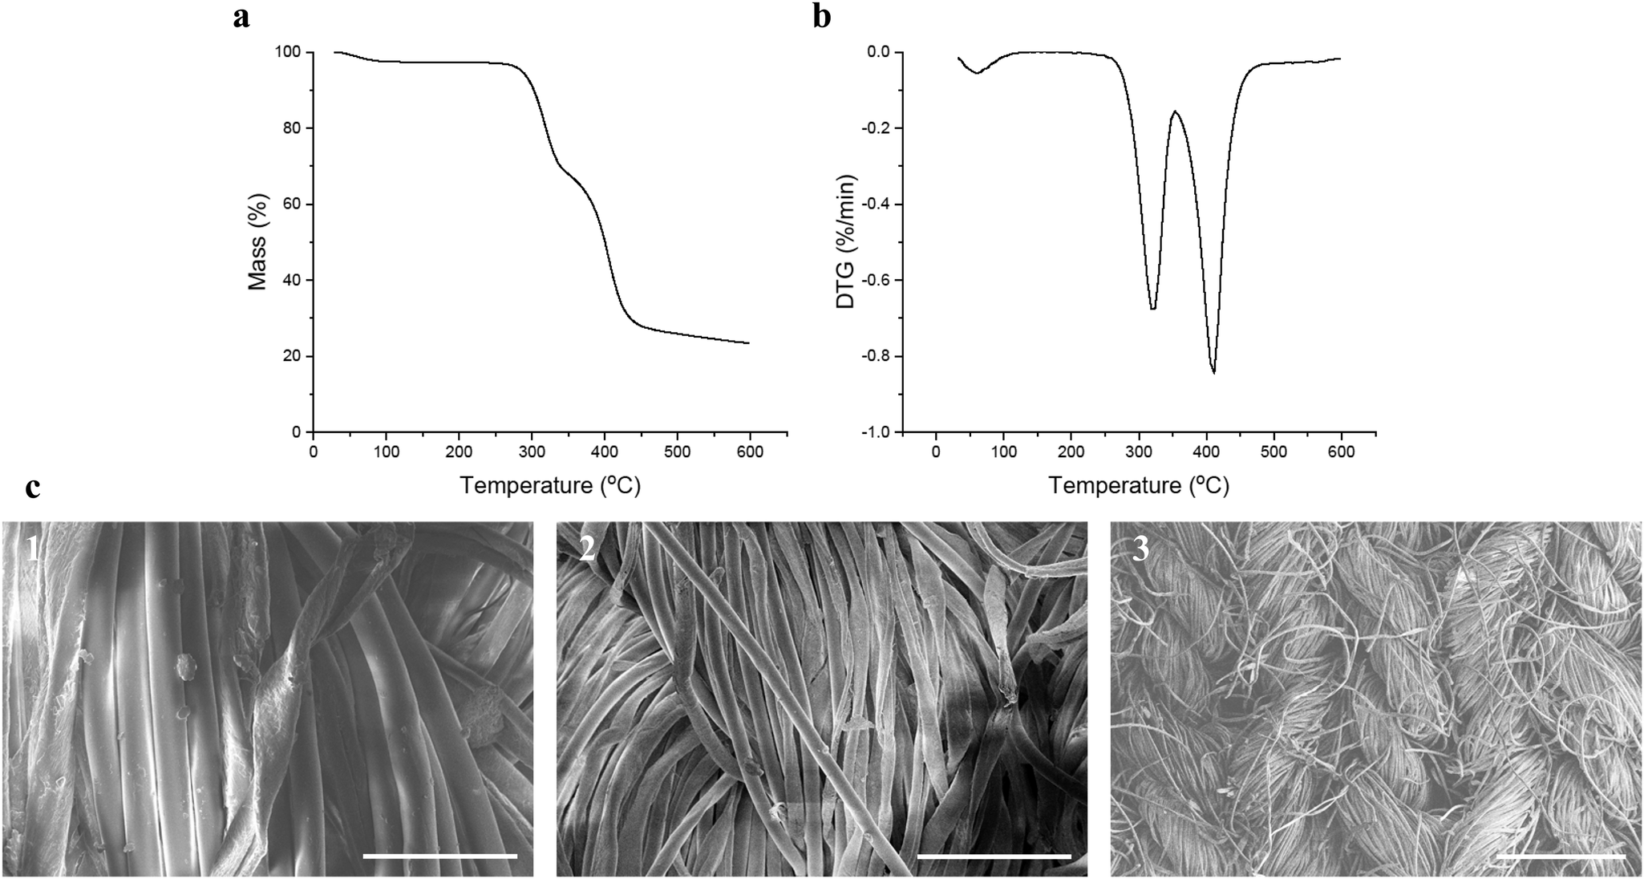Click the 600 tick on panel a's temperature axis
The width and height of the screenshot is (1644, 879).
click(750, 452)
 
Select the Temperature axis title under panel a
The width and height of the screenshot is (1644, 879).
click(550, 485)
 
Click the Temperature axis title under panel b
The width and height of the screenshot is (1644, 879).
click(1139, 485)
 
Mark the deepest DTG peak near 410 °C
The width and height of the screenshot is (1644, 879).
click(1213, 372)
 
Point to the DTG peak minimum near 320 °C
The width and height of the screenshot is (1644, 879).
click(1152, 309)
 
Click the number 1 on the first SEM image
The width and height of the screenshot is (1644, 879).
click(33, 549)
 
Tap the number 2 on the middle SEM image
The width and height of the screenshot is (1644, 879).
click(588, 549)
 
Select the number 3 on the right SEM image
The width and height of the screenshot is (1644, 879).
click(1141, 549)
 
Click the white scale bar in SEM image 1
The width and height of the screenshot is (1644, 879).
click(439, 856)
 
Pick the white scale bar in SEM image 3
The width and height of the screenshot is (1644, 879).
click(1560, 856)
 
